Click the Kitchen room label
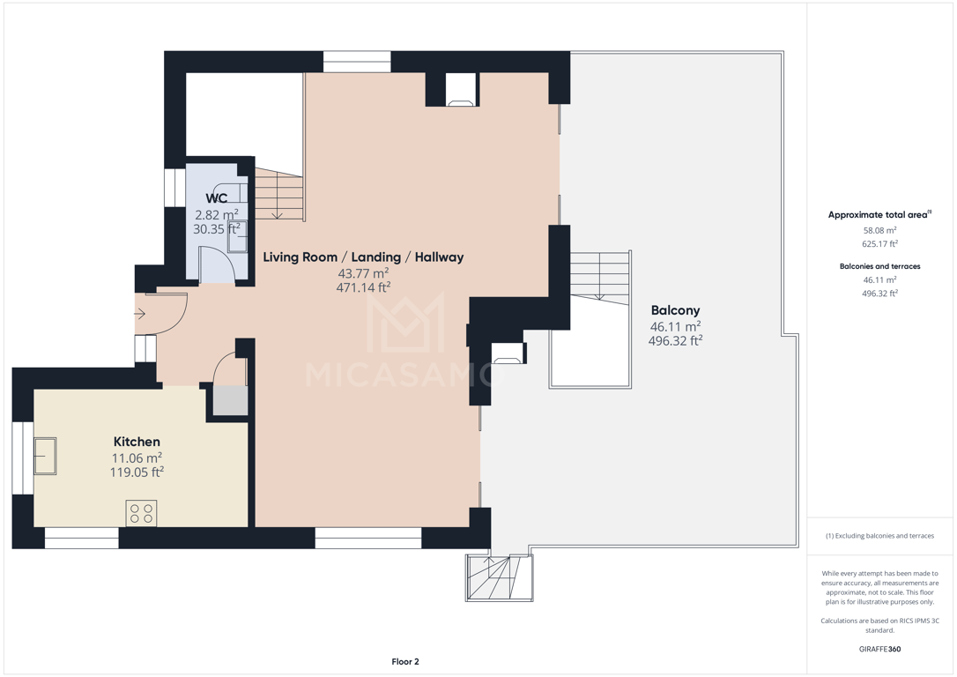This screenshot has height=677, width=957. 137,442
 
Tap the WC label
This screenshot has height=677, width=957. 217,198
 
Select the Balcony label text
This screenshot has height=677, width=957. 675,310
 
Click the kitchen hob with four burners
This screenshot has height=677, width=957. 141,513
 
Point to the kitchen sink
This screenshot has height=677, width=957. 45,456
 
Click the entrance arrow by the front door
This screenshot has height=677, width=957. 140,315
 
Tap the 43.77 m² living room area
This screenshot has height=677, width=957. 363,273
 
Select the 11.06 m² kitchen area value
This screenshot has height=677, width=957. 137,458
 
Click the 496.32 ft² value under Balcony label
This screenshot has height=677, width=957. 675,340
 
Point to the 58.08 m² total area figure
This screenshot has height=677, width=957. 879,230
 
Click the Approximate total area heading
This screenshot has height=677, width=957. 879,214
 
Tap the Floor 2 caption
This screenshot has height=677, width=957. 405,661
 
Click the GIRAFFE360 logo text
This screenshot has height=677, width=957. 879,649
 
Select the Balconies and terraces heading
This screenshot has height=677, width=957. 879,266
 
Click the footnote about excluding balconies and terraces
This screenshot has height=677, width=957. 879,536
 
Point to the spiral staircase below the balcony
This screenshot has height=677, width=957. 500,577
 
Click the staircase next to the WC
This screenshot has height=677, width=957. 279,194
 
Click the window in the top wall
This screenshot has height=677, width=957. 356,62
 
